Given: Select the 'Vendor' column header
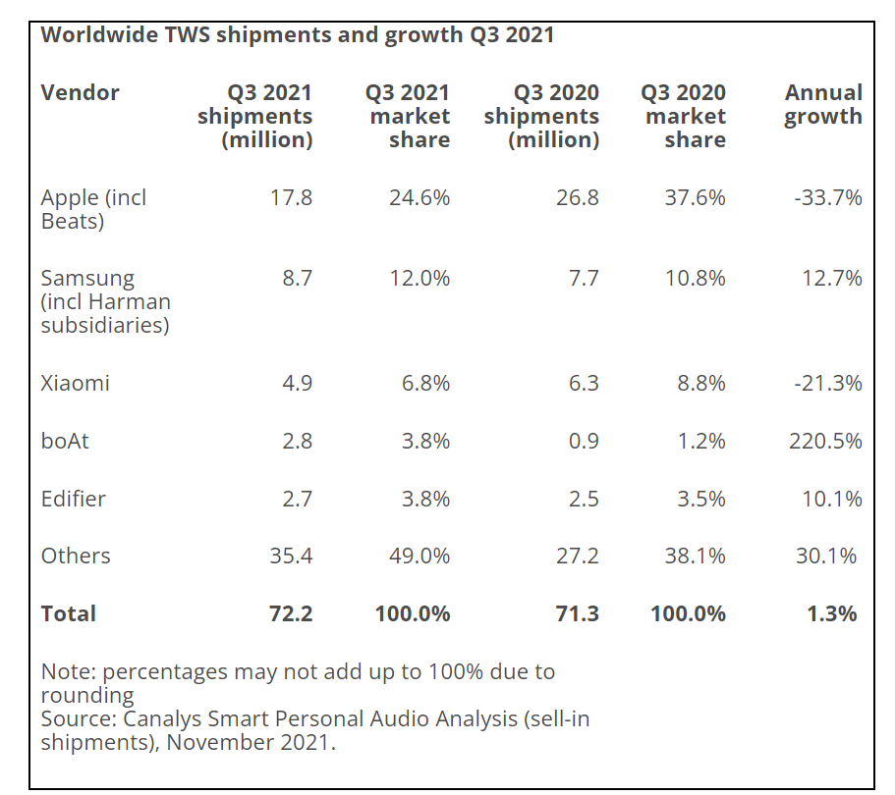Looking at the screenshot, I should pyautogui.click(x=80, y=93).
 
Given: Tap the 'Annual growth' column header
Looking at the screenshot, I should pyautogui.click(x=823, y=105).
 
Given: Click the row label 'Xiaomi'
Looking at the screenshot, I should pyautogui.click(x=75, y=383).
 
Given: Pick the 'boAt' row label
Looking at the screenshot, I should pyautogui.click(x=65, y=441).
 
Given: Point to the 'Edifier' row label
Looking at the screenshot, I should pyautogui.click(x=73, y=499).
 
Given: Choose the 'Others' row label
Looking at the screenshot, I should pyautogui.click(x=76, y=556).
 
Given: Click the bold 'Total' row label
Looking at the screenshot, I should pyautogui.click(x=69, y=614).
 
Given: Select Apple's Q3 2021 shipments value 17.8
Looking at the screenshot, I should pyautogui.click(x=291, y=198).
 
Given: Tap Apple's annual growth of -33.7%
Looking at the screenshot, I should pyautogui.click(x=827, y=198).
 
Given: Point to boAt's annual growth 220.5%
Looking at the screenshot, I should pyautogui.click(x=825, y=441).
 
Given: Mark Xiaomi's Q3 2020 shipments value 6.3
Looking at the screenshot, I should pyautogui.click(x=584, y=383).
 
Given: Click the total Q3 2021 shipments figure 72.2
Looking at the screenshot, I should pyautogui.click(x=291, y=614).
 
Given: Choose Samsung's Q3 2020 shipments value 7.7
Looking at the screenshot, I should pyautogui.click(x=584, y=279).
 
